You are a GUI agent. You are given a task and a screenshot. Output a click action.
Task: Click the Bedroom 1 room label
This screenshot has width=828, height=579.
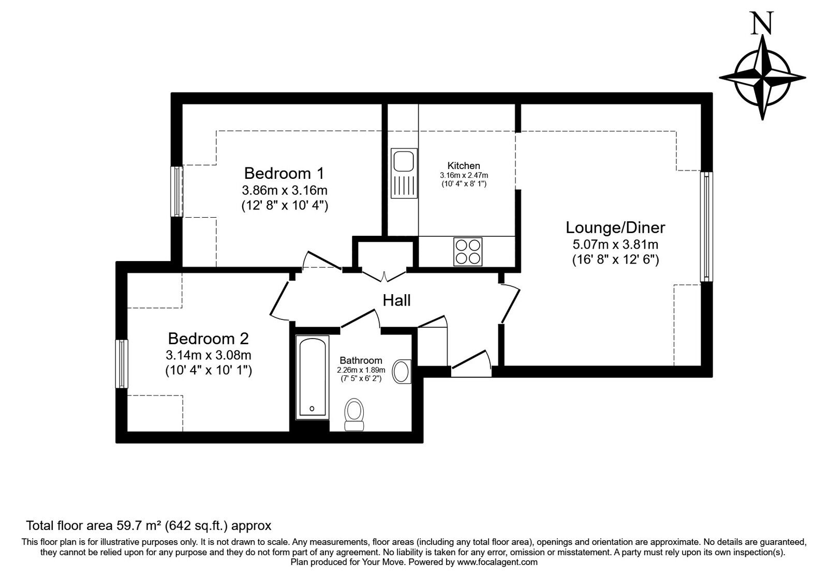(284, 172)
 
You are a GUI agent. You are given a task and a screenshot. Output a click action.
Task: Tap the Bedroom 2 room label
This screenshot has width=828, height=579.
(208, 339)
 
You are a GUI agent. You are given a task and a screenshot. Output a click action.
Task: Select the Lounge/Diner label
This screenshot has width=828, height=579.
(615, 227)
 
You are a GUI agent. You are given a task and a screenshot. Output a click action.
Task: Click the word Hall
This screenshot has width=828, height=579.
(396, 300)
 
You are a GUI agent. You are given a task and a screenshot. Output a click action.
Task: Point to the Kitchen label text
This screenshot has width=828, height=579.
(463, 165)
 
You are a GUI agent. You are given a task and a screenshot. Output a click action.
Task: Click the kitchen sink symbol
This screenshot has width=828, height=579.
(403, 174)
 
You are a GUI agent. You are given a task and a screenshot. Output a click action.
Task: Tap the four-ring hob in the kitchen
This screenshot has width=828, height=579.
(468, 251)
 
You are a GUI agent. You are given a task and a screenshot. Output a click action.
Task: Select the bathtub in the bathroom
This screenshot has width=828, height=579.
(312, 377)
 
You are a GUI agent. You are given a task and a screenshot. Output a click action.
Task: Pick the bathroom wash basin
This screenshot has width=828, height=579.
(402, 371)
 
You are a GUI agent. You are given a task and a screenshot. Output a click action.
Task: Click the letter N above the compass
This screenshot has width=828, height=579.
(762, 24)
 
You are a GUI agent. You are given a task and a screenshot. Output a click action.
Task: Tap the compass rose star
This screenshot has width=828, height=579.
(762, 78)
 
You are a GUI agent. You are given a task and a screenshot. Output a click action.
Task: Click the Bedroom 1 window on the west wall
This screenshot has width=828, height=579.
(177, 191)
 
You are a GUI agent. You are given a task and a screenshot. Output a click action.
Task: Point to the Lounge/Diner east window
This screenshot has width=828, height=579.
(706, 226)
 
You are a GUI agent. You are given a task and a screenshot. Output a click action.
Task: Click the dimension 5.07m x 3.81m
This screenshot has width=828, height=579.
(615, 244)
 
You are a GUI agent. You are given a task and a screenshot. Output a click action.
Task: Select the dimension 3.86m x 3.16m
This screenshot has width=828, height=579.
(284, 189)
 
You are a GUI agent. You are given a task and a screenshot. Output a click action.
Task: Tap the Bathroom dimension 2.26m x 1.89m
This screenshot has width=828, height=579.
(361, 370)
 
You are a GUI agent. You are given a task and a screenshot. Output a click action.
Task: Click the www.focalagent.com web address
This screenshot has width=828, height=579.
(497, 562)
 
